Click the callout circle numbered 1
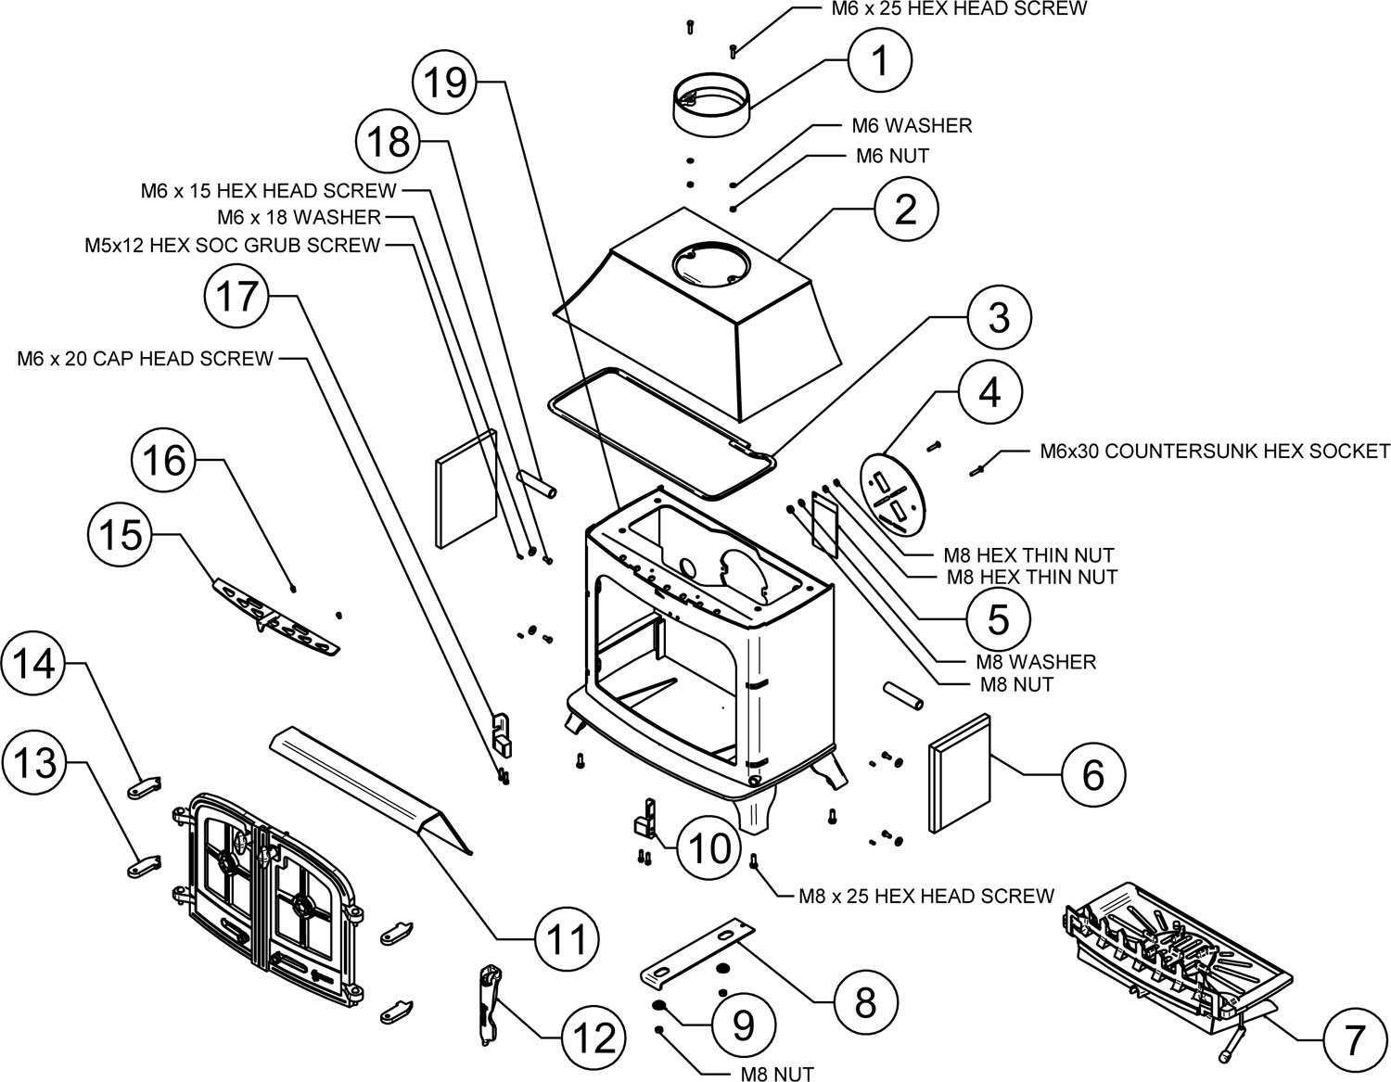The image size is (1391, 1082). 880,60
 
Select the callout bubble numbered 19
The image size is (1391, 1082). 445,83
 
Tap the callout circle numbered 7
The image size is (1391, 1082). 1353,1040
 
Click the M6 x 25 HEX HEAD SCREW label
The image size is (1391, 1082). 959,8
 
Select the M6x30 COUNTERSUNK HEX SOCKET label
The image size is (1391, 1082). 1215,452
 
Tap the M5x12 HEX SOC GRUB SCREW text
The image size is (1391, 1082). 233,245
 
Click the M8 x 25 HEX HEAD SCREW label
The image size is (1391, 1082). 926,896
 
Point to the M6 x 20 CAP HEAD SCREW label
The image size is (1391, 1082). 146,358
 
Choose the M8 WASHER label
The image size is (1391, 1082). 1036,662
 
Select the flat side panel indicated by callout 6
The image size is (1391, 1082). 960,772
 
